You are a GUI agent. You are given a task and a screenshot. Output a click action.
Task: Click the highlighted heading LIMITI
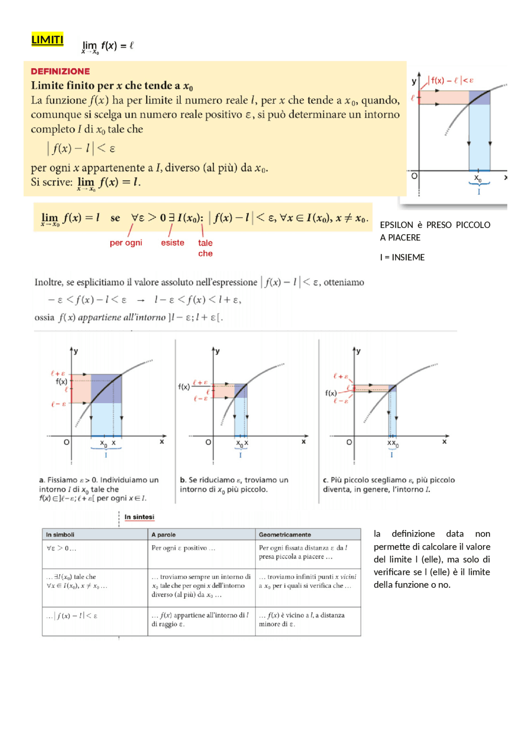[47, 40]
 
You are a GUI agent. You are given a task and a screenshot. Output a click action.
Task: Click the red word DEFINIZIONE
[60, 71]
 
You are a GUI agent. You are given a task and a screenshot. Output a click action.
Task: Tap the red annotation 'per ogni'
[126, 243]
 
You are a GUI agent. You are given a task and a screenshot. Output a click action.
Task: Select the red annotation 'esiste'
[173, 243]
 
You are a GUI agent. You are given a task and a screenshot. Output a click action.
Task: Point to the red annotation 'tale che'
[205, 248]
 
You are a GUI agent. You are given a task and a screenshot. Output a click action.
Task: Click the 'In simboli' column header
[60, 535]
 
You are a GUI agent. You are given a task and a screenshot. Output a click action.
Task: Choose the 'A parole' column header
[163, 535]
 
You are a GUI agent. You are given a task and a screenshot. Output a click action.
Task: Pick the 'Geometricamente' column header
[285, 535]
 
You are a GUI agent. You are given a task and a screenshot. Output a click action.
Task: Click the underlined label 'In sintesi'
[139, 517]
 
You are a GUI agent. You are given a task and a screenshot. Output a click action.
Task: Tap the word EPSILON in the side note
[396, 225]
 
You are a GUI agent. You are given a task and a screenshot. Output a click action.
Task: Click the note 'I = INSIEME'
[402, 257]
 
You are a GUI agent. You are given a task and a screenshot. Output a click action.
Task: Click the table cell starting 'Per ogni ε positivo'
[183, 548]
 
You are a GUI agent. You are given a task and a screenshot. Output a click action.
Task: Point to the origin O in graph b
[208, 442]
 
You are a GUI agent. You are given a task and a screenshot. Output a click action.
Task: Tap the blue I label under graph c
[391, 455]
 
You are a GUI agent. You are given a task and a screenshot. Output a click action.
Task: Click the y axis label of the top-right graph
[414, 81]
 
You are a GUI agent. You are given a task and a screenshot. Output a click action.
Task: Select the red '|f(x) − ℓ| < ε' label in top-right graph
[452, 80]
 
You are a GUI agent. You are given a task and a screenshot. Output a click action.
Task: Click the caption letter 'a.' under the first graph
[42, 480]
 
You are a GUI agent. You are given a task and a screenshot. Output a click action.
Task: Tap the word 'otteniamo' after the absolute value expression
[344, 282]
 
